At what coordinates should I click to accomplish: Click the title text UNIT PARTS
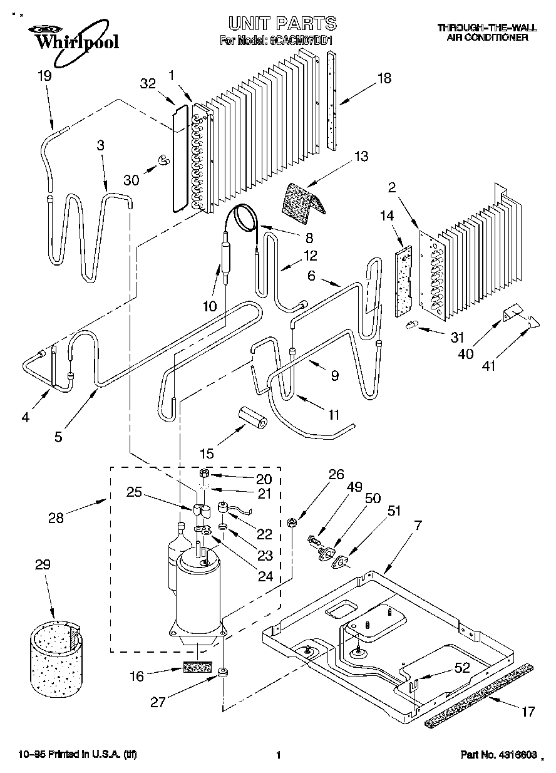(x=282, y=24)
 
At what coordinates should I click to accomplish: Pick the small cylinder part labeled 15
(x=254, y=417)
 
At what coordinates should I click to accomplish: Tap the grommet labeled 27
(x=222, y=674)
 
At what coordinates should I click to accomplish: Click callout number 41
(x=488, y=365)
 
